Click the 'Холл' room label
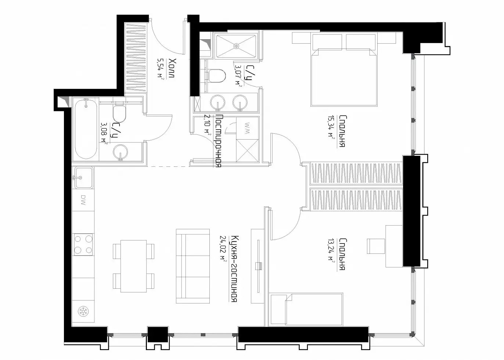click(173, 68)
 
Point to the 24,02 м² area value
click(223, 251)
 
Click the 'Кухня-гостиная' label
click(235, 269)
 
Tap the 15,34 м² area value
click(331, 127)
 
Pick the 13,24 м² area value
click(331, 250)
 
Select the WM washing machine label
click(247, 128)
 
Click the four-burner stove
click(83, 244)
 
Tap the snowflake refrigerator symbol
click(83, 312)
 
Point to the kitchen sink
click(83, 178)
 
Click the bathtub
click(86, 129)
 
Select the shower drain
click(236, 46)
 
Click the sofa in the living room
click(193, 266)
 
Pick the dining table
click(134, 266)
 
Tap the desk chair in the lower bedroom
click(376, 246)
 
